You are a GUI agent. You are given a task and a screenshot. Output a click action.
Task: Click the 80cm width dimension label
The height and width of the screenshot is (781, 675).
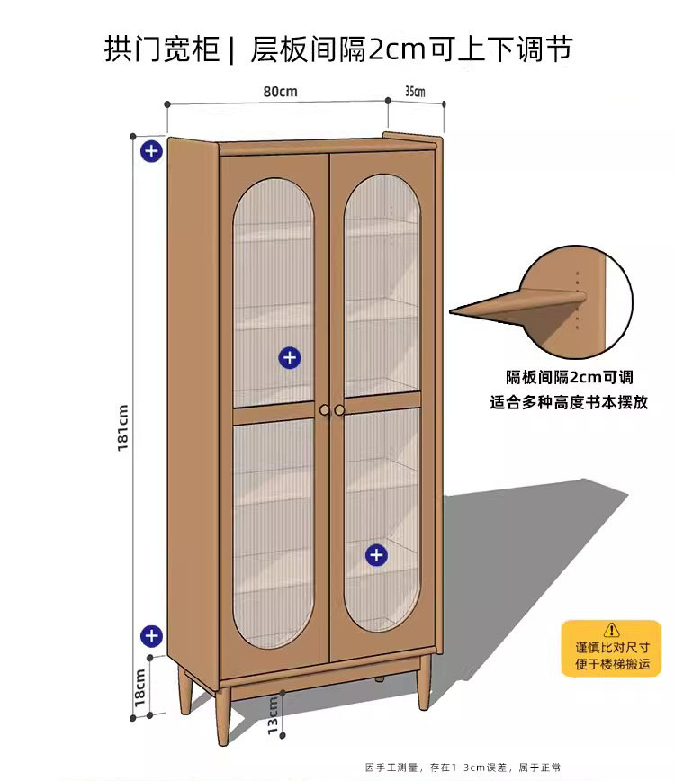280,91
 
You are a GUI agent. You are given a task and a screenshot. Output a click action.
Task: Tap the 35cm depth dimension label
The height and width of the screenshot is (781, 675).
415,91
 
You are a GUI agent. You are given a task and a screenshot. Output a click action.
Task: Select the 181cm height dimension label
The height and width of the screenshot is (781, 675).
123,427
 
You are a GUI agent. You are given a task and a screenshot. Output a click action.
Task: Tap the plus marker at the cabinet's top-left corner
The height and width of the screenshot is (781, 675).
151,150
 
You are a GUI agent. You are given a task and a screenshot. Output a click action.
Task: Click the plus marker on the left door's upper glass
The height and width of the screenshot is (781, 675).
289,357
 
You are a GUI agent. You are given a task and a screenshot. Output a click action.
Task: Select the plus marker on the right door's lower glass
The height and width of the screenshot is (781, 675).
376,554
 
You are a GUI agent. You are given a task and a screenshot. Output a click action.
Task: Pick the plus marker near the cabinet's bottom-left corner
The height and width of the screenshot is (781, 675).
151,636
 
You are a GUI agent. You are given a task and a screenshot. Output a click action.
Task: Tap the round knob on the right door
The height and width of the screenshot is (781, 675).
340,410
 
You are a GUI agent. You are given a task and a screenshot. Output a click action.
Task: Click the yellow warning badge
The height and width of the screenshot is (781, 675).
611,648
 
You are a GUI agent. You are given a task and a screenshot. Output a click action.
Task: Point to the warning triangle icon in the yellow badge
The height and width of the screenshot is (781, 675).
611,630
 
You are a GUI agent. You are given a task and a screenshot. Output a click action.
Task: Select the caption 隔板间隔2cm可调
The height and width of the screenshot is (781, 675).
569,379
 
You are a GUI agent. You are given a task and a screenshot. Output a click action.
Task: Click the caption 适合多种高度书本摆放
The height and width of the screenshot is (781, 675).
569,403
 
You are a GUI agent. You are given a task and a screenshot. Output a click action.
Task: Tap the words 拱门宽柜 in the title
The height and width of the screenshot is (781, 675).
162,48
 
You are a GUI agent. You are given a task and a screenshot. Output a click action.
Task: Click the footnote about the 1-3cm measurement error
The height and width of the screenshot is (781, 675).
463,768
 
